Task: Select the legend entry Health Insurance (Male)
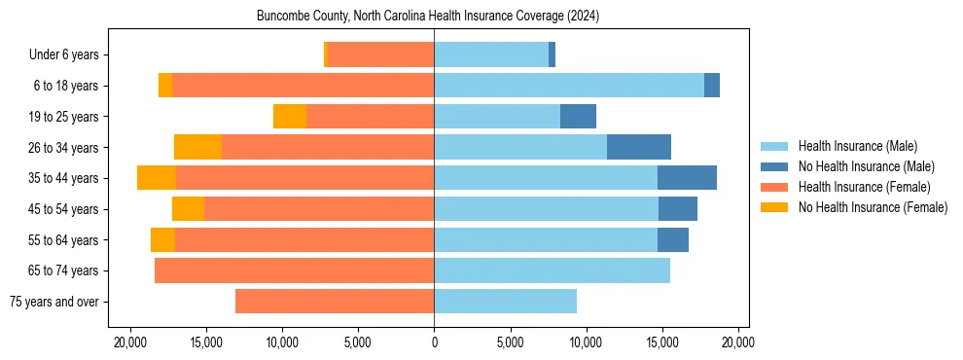coord(857,146)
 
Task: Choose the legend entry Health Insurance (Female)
coord(864,187)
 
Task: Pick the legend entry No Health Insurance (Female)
coord(873,207)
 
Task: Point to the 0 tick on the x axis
coord(434,342)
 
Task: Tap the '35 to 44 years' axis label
coord(63,178)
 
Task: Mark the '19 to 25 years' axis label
coord(63,117)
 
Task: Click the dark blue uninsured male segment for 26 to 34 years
coord(639,147)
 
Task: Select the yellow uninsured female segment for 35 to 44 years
coord(157,178)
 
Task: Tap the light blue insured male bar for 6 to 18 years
coord(569,86)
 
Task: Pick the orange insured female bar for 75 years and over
coord(335,302)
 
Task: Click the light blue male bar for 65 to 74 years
coord(552,270)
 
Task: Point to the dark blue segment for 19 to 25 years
coord(578,117)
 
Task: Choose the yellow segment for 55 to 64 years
coord(162,239)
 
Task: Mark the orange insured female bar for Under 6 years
coord(381,55)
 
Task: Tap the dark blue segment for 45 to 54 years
coord(678,209)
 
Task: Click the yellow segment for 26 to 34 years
coord(197,147)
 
